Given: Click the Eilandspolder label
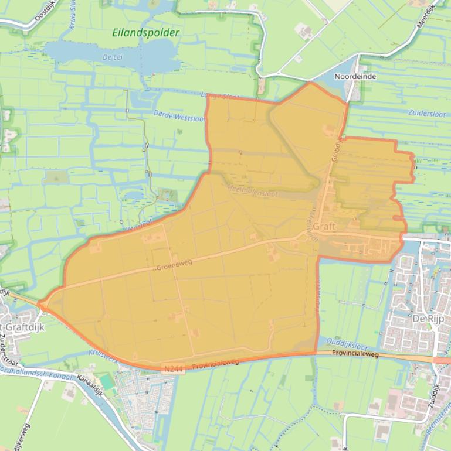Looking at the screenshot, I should [145, 33].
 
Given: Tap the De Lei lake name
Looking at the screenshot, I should [111, 57].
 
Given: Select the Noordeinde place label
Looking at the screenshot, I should [355, 76].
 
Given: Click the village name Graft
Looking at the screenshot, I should [325, 226].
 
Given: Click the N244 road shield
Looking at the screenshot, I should [171, 367].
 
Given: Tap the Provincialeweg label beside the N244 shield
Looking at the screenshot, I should [216, 363].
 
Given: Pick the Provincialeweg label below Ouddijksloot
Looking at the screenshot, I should [355, 354].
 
